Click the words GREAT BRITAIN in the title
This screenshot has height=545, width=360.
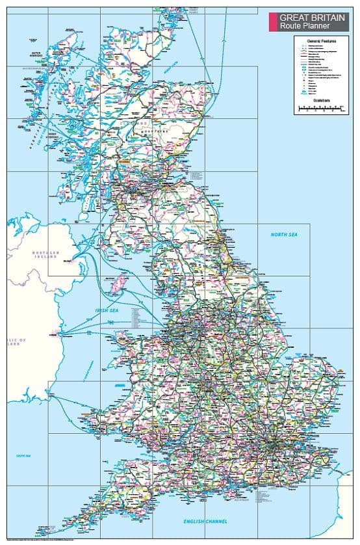(x=313, y=18)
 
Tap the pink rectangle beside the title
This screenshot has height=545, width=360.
(x=272, y=22)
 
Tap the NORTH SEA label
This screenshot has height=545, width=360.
(x=283, y=234)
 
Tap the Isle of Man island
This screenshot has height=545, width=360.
(x=118, y=283)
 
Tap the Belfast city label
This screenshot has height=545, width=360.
(x=68, y=261)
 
